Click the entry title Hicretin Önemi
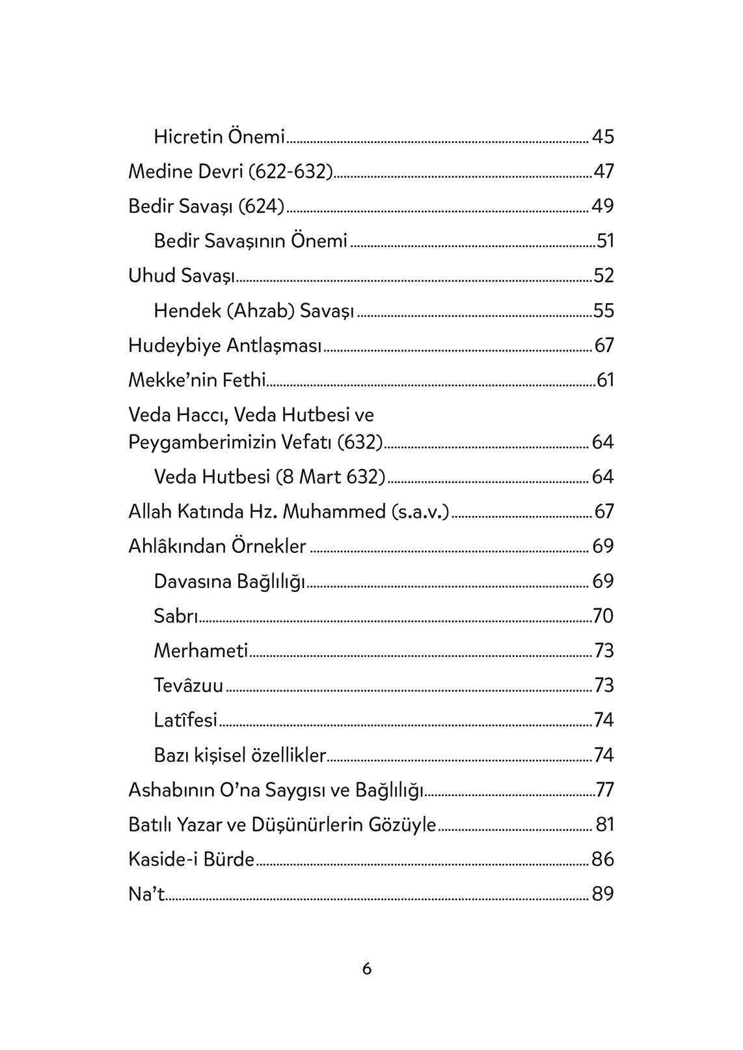[x=219, y=137]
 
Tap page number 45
[x=602, y=137]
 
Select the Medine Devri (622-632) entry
[x=230, y=171]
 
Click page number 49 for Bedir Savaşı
[x=602, y=206]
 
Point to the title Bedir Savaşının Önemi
[x=250, y=241]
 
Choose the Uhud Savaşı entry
[x=181, y=275]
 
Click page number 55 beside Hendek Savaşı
[x=603, y=310]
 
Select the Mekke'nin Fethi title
[x=197, y=379]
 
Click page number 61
[x=605, y=379]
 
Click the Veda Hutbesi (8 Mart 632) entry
[x=269, y=477]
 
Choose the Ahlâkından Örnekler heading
[x=217, y=546]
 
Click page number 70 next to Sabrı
[x=603, y=615]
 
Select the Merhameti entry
[x=201, y=651]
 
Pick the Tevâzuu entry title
[x=189, y=685]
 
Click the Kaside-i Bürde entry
[x=191, y=859]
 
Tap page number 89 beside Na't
[x=602, y=894]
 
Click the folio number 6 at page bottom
[x=367, y=969]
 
